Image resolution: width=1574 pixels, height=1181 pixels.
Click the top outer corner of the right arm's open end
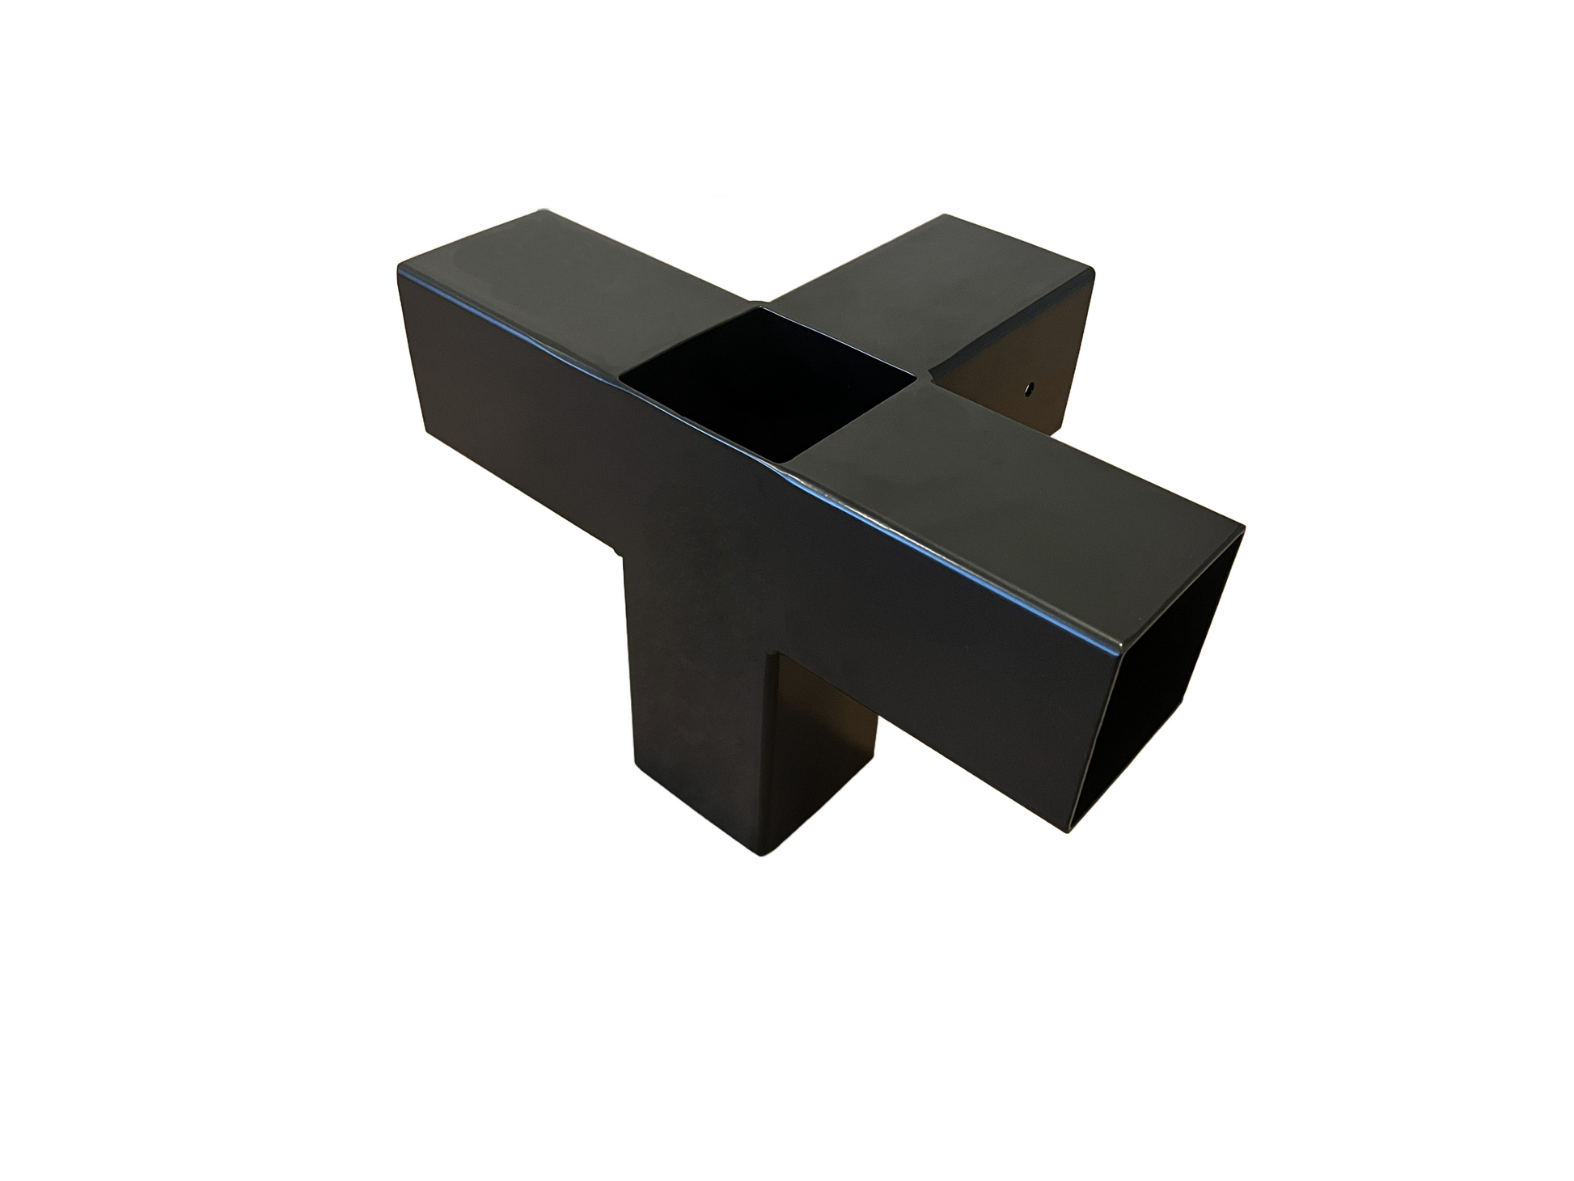coord(1243,527)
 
